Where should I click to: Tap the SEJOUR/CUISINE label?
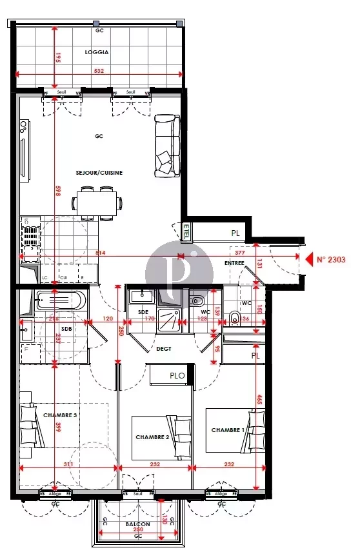(x=99, y=173)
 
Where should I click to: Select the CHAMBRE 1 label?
(x=228, y=430)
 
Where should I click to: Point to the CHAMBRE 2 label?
(x=152, y=437)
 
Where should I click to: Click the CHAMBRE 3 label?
(x=60, y=415)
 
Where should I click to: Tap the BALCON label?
(x=138, y=525)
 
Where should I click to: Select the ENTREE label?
(x=234, y=264)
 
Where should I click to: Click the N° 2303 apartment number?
(x=331, y=260)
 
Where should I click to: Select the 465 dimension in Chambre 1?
(x=258, y=400)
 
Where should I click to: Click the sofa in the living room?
(x=166, y=146)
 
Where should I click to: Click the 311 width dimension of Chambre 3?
(x=68, y=464)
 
